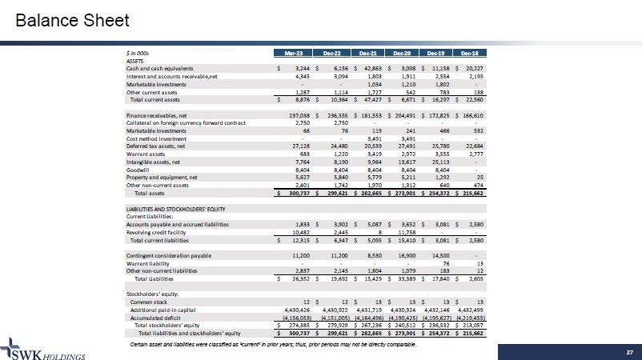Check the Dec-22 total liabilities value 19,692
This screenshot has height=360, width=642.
(x=334, y=278)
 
